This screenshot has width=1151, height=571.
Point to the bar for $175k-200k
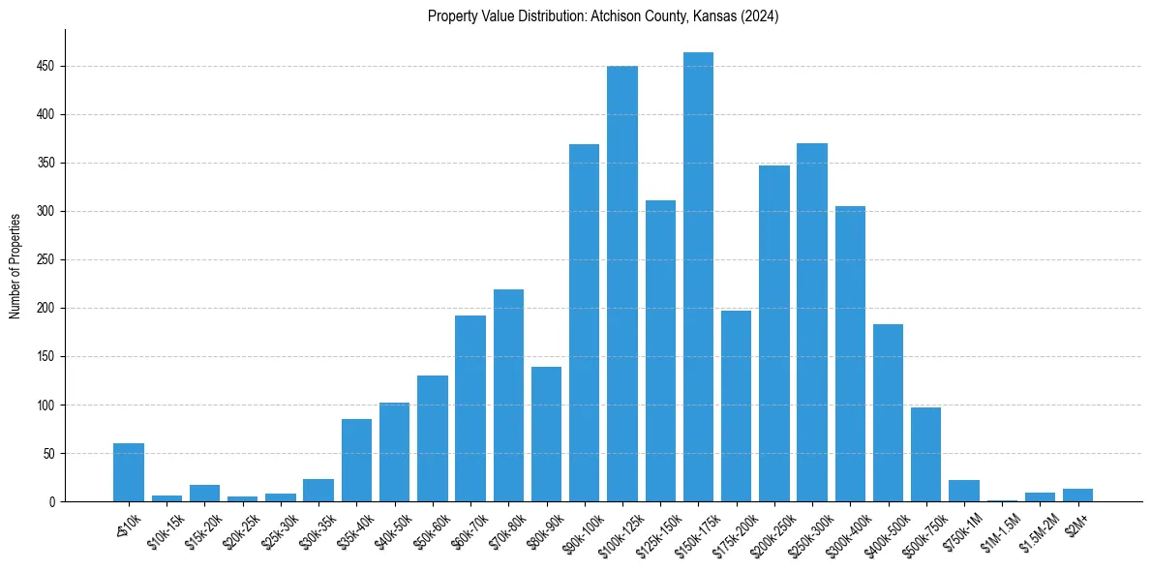736,406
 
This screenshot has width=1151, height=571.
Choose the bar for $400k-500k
888,412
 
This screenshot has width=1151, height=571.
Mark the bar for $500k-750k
925,454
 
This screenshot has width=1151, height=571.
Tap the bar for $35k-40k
356,460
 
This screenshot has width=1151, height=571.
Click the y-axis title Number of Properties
15,265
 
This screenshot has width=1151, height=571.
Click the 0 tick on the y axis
52,502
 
